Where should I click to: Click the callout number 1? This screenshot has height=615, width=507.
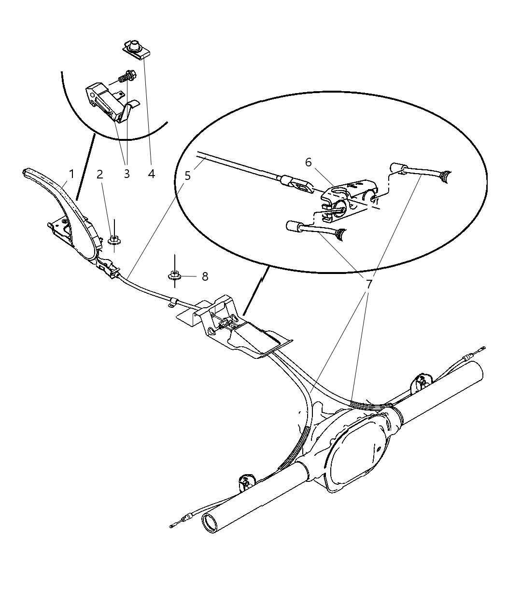click(71, 174)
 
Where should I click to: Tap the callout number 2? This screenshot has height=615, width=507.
click(100, 174)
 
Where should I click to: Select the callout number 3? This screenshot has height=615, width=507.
click(127, 174)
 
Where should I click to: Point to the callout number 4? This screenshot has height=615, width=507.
click(151, 174)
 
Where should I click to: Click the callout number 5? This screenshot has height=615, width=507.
click(187, 176)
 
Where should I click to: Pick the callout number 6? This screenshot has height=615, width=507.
click(308, 162)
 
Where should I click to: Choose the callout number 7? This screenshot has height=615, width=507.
click(369, 284)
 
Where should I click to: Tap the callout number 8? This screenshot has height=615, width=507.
click(205, 276)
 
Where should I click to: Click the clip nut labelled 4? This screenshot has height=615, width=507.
click(136, 50)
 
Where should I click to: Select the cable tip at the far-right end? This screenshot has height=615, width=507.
click(482, 348)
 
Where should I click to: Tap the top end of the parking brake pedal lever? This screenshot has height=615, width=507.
click(26, 171)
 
